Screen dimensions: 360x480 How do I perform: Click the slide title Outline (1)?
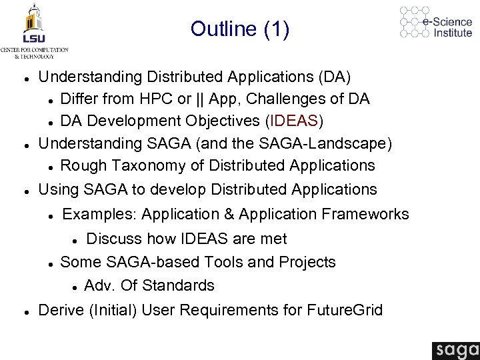coord(239,29)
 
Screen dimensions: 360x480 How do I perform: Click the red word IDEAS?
coord(294,121)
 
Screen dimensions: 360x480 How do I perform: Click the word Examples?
coord(99,214)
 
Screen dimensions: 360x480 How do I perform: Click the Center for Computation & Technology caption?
coord(34,53)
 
